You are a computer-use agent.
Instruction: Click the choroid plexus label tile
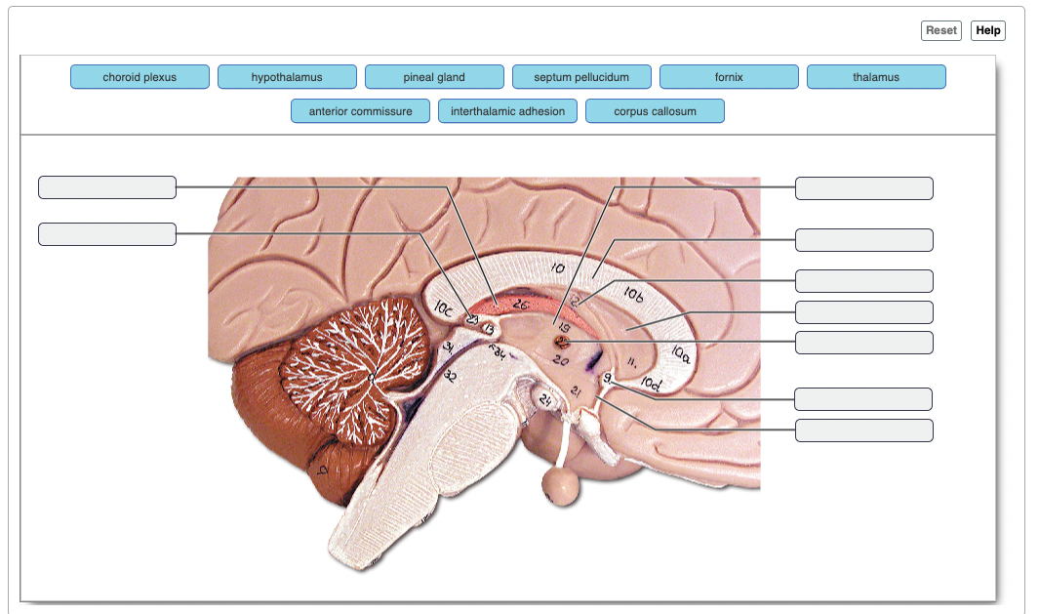[140, 77]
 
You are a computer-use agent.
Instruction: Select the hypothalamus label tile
[287, 77]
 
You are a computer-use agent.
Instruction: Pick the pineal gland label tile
[434, 77]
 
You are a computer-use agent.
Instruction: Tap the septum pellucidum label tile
[581, 77]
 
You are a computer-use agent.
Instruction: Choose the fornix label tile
[729, 77]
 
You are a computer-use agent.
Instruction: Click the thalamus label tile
[876, 77]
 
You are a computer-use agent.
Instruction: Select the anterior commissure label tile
[361, 111]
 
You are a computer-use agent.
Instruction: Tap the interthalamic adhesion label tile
[507, 111]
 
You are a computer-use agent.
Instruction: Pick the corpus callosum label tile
[655, 111]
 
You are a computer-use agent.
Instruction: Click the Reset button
[940, 30]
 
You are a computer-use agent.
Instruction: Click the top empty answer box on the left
[107, 187]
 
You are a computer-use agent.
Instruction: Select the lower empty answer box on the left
[107, 234]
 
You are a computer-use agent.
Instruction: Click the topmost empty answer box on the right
[864, 188]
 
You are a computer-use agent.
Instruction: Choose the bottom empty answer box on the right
[864, 430]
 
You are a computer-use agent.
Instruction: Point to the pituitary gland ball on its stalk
[559, 481]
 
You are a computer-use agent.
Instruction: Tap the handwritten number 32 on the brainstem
[451, 378]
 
